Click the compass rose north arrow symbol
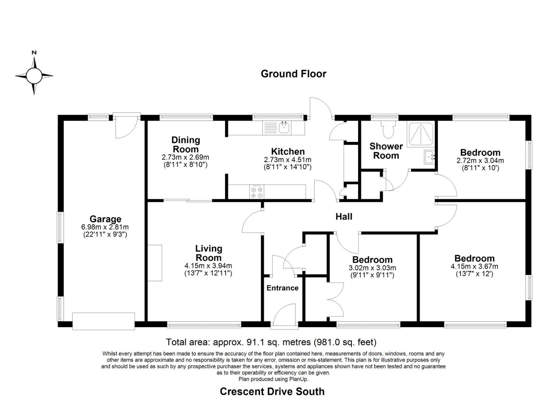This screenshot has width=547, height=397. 34,75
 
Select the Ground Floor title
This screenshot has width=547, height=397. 293,74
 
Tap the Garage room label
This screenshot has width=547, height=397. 105,219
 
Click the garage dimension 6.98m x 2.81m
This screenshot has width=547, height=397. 105,227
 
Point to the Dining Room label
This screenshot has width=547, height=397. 186,144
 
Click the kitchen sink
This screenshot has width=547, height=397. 284,128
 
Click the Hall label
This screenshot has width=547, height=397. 344,217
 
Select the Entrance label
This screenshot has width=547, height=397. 282,288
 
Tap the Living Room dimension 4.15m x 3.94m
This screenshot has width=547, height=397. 208,266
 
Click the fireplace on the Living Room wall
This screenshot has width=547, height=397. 155,263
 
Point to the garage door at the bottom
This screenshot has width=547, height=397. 104,321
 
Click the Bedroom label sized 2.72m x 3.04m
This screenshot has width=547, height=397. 480,153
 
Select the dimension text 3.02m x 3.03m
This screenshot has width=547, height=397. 372,268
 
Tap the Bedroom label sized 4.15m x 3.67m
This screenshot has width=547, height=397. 474,258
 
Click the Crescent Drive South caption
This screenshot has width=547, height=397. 272,391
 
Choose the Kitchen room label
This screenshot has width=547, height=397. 288,151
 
